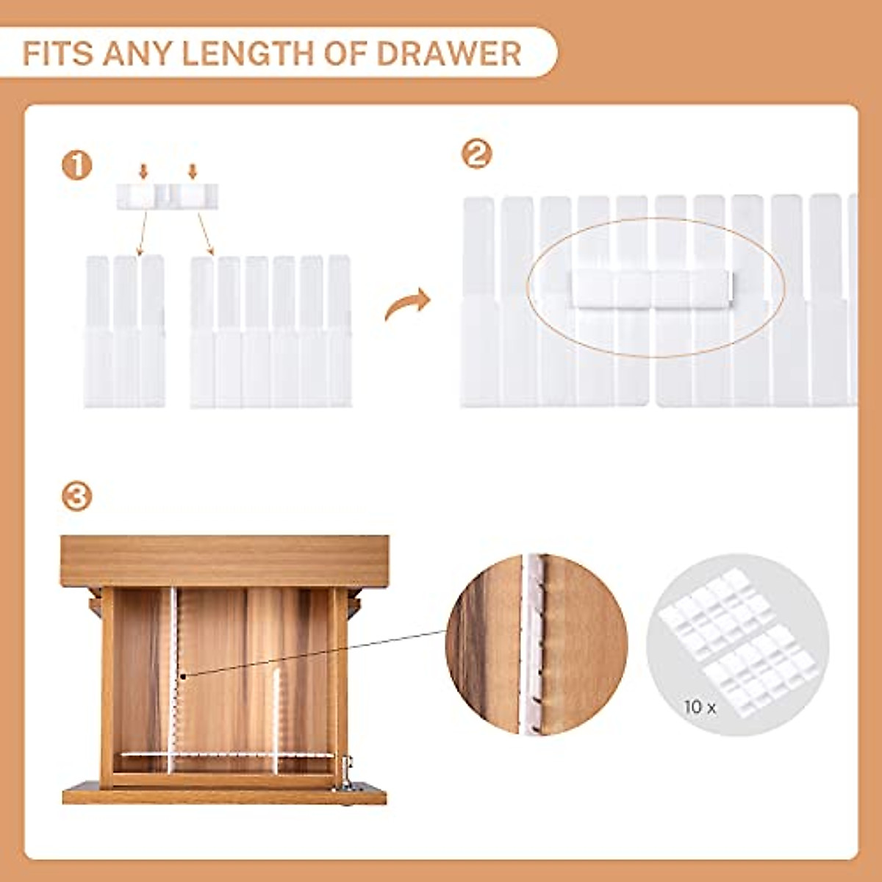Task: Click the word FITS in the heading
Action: (57, 54)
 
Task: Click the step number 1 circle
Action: (76, 165)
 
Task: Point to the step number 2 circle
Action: (476, 154)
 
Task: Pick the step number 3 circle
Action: (76, 497)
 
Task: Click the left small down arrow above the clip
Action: (143, 171)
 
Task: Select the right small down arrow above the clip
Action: (193, 171)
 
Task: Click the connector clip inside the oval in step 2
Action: (650, 287)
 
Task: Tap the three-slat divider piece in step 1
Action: (124, 331)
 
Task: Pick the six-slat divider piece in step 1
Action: (270, 331)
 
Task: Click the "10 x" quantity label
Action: (699, 707)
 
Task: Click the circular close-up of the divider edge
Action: (537, 645)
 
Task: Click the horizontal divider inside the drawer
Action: (228, 754)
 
